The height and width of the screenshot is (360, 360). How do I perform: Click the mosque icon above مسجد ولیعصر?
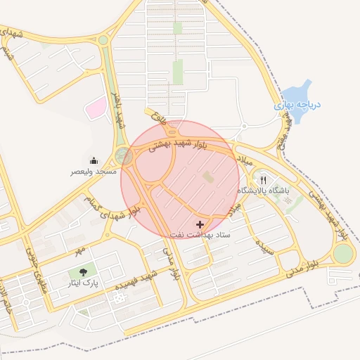click(94, 160)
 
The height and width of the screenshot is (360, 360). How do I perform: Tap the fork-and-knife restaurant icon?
click(264, 179)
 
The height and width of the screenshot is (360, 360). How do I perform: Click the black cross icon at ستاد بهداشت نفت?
click(203, 224)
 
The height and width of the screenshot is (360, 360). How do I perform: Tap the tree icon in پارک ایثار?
click(85, 273)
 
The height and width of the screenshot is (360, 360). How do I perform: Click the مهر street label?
click(80, 250)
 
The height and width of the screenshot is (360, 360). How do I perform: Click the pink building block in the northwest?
click(96, 108)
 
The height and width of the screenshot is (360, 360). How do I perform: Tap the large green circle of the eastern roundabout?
click(342, 254)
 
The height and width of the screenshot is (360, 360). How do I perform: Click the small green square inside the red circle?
click(208, 178)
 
